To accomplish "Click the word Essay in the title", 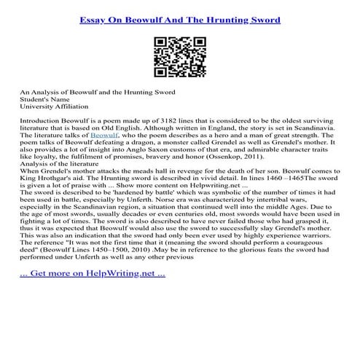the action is (95, 20).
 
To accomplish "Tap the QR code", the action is (179, 58).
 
